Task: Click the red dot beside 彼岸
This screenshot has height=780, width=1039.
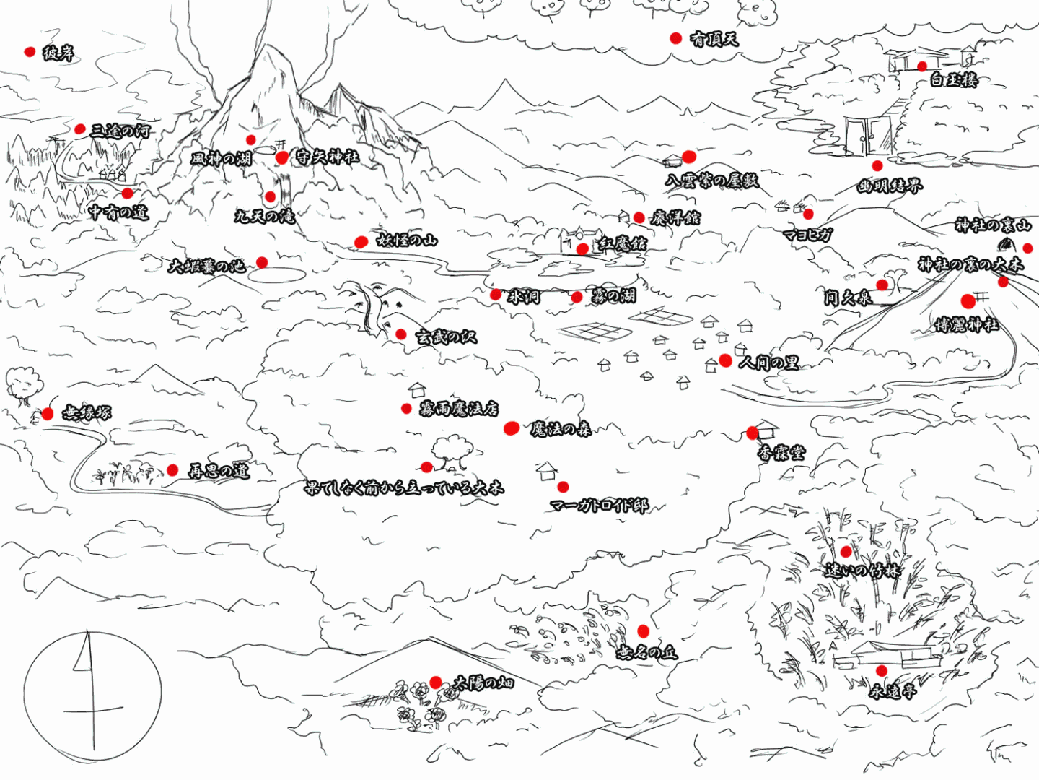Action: point(30,52)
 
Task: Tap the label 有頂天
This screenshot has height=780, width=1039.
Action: point(714,39)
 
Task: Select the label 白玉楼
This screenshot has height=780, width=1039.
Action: point(953,79)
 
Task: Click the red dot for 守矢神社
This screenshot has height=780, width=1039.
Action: point(282,157)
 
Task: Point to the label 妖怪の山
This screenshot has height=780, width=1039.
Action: point(407,240)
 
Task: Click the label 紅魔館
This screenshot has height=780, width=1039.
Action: point(622,244)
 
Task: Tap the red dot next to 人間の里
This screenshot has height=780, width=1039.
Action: point(726,360)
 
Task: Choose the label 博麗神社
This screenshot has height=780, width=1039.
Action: point(967,325)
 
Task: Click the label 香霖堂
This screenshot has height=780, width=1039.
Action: point(781,453)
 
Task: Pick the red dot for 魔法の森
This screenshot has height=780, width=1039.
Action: point(512,428)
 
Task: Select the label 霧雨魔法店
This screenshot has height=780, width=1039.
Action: point(459,409)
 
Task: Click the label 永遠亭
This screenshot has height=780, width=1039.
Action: point(893,691)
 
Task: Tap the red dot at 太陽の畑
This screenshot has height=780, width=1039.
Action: point(435,682)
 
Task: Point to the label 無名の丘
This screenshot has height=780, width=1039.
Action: point(647,652)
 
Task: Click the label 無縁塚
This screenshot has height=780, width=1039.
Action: point(87,413)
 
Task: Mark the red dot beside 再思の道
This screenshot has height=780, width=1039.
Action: point(172,470)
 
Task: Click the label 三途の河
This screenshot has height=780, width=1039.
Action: point(120,131)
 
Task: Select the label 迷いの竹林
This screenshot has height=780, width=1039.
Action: point(863,571)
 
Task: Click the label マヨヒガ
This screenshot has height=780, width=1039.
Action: point(808,235)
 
